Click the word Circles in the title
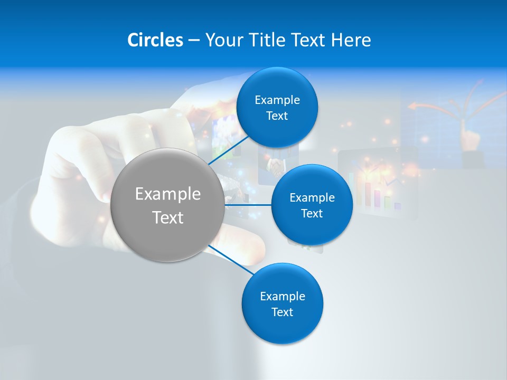tap(155, 40)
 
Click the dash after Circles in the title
tap(194, 41)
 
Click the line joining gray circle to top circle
tap(228, 150)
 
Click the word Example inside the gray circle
tap(168, 194)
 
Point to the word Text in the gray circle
tap(168, 217)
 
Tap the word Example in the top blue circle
tap(277, 100)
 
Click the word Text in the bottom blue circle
tap(282, 312)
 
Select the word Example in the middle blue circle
tap(312, 198)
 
